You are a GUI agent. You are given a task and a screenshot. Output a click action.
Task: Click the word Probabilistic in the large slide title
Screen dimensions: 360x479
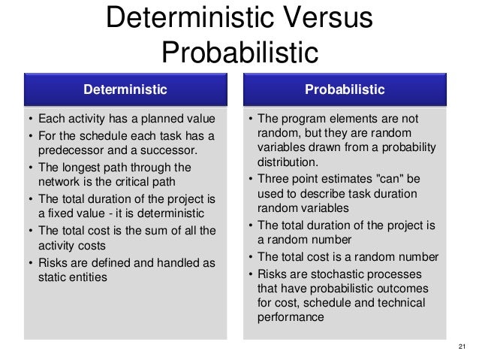point(239,52)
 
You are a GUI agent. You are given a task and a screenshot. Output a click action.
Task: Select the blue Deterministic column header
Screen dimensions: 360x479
point(125,90)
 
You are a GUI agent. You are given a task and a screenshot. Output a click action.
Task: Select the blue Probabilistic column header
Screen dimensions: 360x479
point(345,90)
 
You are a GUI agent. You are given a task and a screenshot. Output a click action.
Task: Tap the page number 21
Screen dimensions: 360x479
point(461,346)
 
